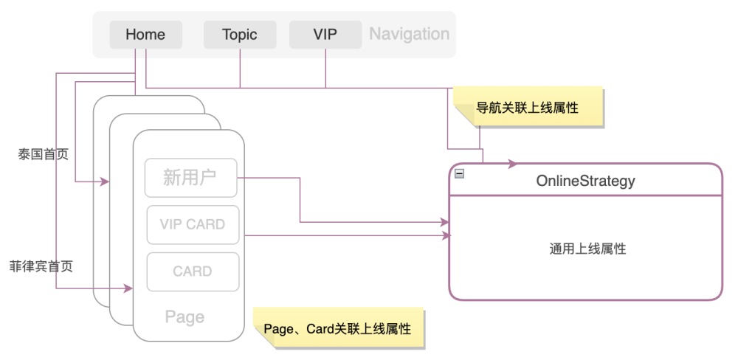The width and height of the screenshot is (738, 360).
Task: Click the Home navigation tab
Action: tap(146, 35)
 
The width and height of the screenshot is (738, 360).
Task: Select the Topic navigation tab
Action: tap(240, 35)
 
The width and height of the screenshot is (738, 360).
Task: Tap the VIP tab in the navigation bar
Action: tap(325, 35)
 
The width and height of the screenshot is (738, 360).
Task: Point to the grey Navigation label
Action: tap(409, 35)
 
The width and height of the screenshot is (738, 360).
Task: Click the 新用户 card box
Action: tap(190, 177)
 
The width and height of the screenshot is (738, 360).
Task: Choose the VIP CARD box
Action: tap(193, 224)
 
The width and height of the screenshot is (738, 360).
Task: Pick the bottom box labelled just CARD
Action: tap(193, 271)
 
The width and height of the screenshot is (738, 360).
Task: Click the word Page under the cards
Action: tap(184, 316)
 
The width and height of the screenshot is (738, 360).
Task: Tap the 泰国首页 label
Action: tap(44, 154)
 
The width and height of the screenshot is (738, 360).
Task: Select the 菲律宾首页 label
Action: tap(41, 266)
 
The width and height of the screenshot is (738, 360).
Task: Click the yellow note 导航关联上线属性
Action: tap(528, 108)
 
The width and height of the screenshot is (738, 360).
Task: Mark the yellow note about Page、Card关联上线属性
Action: tap(339, 328)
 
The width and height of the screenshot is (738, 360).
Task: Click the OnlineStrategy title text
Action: tap(585, 181)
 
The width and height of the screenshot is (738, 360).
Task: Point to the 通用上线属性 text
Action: tap(587, 249)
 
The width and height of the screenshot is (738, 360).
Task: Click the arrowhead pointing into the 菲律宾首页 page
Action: tap(128, 288)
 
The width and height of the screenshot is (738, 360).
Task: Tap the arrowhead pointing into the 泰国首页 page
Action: tap(105, 181)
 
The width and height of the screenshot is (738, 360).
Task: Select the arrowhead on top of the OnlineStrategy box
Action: tap(513, 164)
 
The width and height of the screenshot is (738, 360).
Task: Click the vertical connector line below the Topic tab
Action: tap(240, 68)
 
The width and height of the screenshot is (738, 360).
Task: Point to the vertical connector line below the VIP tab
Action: tap(325, 68)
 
